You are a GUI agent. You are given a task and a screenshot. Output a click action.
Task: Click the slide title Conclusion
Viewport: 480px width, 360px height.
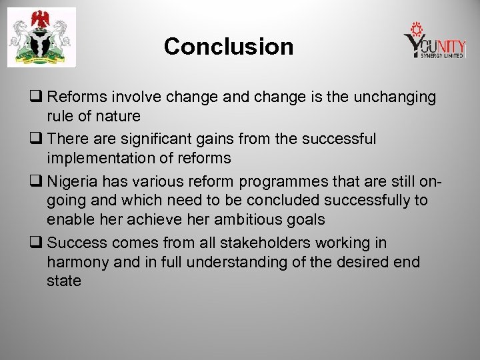(228, 47)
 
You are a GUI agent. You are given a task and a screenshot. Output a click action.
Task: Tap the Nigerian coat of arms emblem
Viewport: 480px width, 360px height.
(41, 38)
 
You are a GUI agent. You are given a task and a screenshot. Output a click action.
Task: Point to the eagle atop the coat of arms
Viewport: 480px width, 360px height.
(41, 17)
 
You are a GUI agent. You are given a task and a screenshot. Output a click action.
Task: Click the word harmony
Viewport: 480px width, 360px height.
(78, 263)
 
